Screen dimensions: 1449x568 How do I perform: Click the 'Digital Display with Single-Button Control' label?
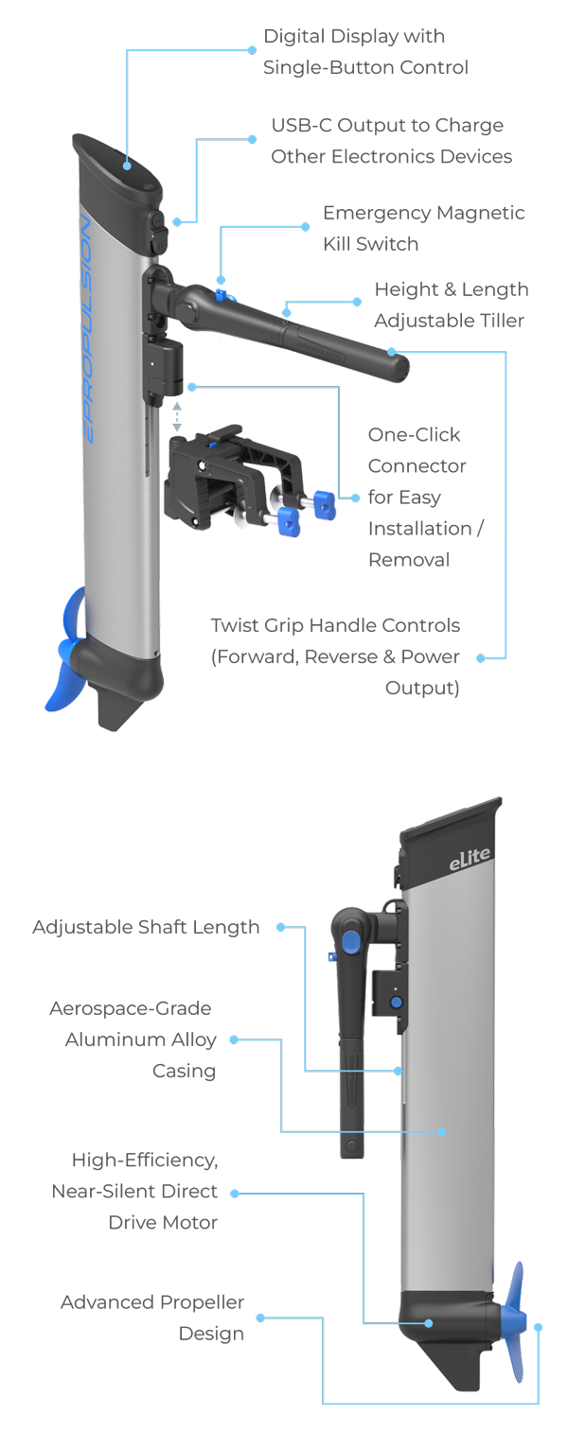pyautogui.click(x=365, y=52)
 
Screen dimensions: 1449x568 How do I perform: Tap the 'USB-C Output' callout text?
pyautogui.click(x=390, y=141)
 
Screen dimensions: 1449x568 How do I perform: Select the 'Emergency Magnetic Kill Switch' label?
pyautogui.click(x=423, y=228)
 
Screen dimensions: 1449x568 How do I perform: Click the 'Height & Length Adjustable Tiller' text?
pyautogui.click(x=450, y=305)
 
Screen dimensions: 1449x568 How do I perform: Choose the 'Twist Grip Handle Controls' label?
pyautogui.click(x=335, y=656)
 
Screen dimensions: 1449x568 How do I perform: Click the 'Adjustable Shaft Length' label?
pyautogui.click(x=146, y=927)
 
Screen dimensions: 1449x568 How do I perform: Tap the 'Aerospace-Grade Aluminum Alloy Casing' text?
pyautogui.click(x=134, y=1039)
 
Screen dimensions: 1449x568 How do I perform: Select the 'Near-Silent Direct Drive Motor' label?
pyautogui.click(x=146, y=1191)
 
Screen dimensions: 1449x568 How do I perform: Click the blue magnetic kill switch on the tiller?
pyautogui.click(x=222, y=297)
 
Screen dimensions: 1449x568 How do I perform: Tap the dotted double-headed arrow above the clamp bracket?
pyautogui.click(x=176, y=416)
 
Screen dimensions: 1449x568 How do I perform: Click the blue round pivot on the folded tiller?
pyautogui.click(x=349, y=939)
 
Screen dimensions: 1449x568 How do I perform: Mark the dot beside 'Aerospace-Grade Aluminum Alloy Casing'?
pyautogui.click(x=233, y=1039)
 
